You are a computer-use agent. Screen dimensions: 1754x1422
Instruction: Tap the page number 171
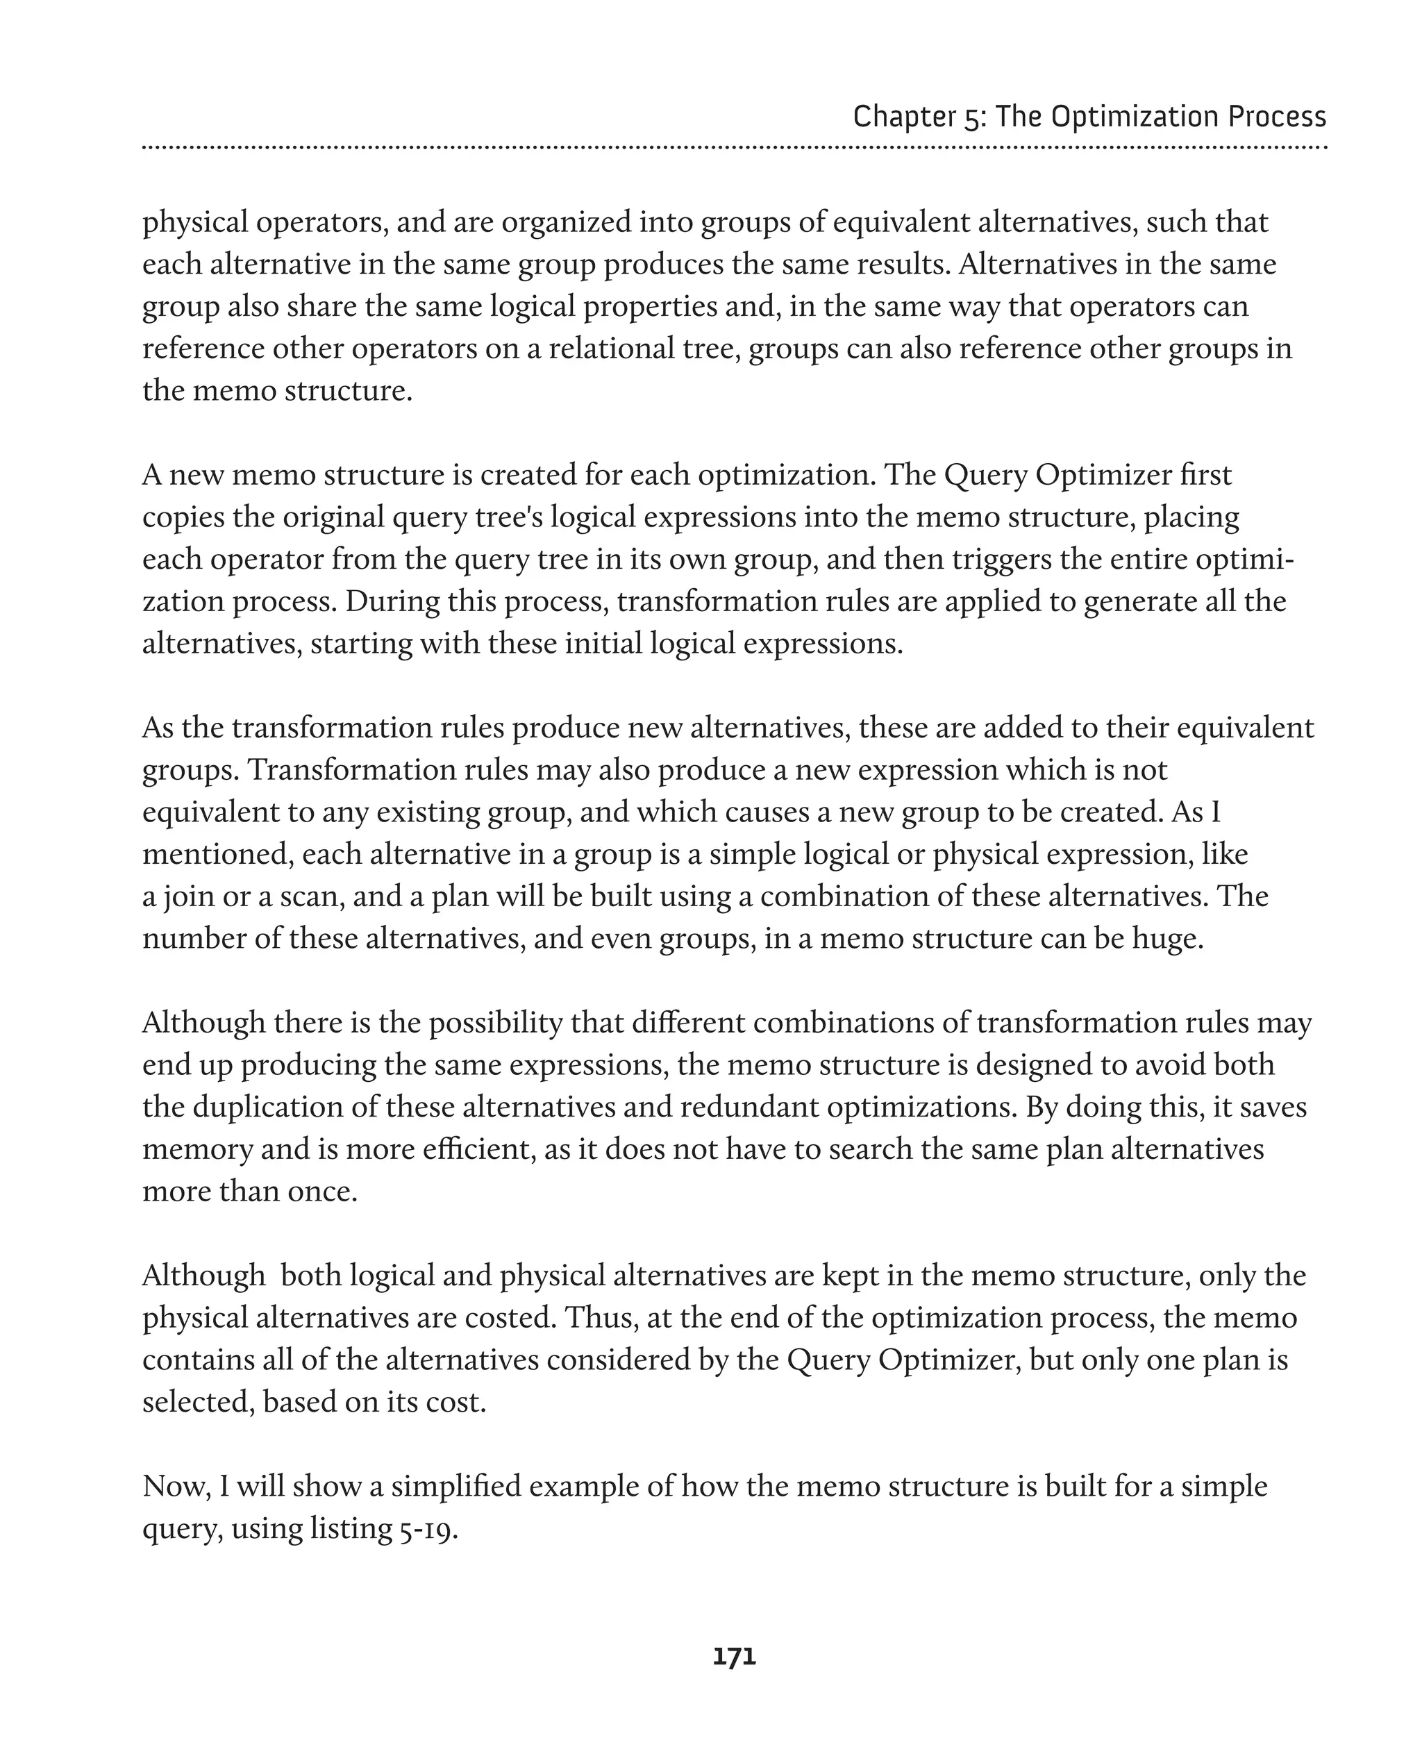coord(734,1657)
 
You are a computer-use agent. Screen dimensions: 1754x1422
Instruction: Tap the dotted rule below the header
coord(734,147)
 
